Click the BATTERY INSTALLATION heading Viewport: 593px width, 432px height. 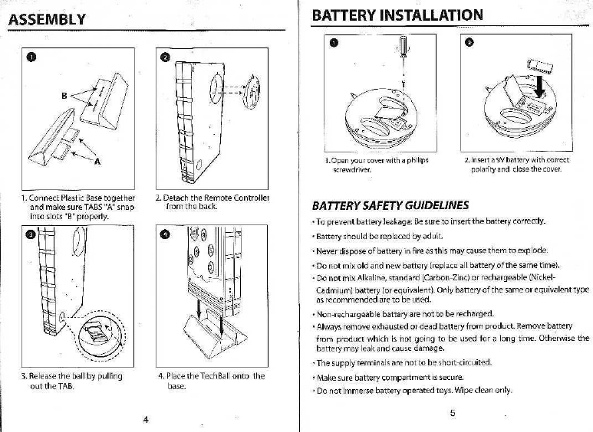(397, 15)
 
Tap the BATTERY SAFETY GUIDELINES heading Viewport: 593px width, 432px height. (390, 206)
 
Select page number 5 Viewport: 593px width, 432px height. (453, 414)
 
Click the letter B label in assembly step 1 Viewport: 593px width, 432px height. (65, 96)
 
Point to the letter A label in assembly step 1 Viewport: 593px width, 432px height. (97, 161)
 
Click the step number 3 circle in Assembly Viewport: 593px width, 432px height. (31, 234)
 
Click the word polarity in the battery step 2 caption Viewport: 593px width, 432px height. (491, 169)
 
